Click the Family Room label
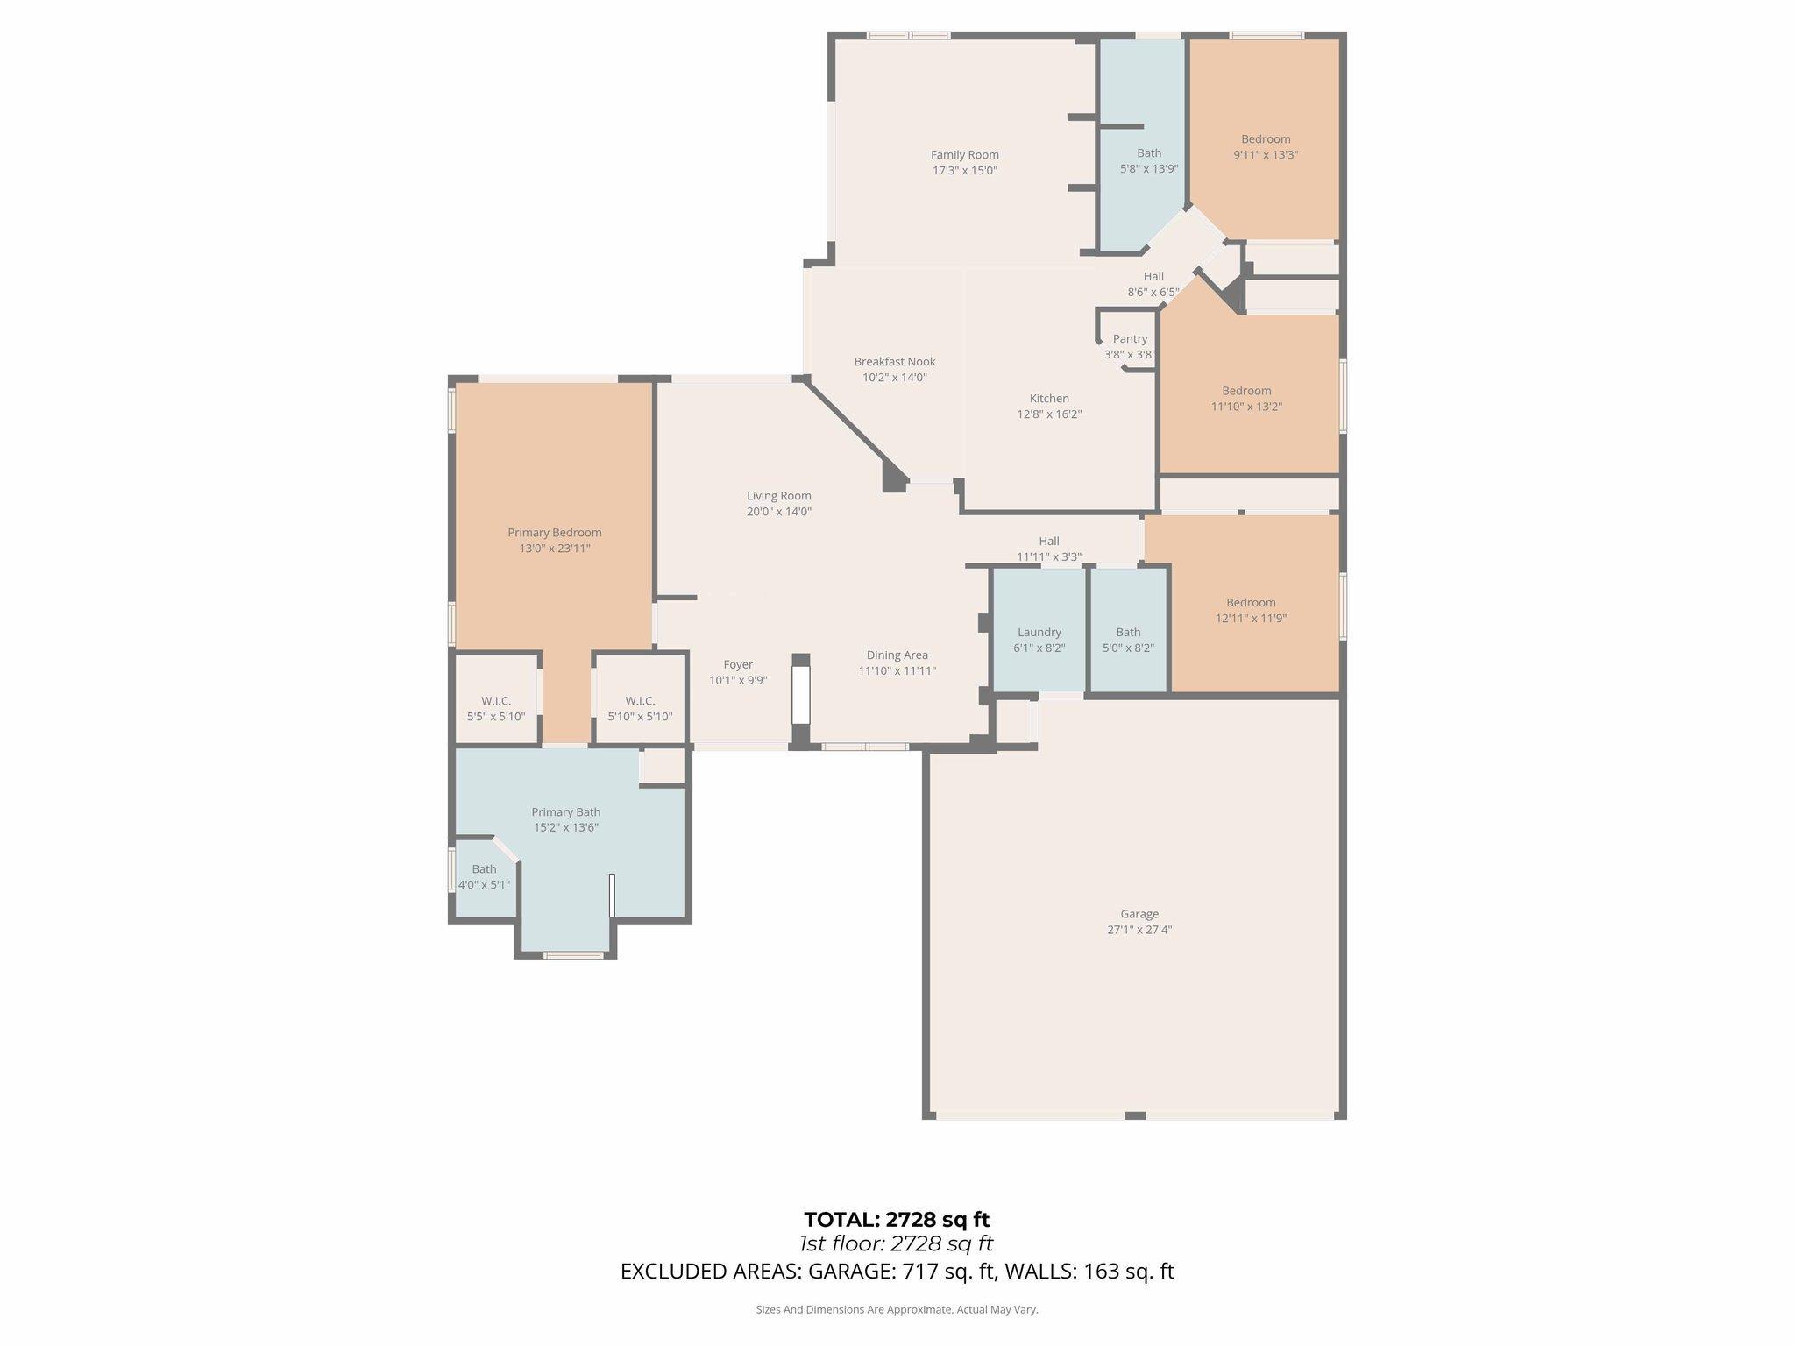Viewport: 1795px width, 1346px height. tap(964, 155)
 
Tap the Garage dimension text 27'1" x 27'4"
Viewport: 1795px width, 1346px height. tap(1139, 930)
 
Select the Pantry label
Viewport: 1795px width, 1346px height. tap(1130, 339)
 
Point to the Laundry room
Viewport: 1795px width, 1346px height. tap(1039, 640)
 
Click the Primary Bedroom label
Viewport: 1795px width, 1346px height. tap(554, 533)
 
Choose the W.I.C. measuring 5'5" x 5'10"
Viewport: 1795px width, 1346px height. tap(495, 708)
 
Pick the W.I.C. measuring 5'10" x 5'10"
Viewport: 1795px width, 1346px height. tap(640, 708)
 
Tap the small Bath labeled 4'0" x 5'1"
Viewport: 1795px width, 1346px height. tap(484, 877)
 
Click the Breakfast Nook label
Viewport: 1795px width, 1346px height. tap(895, 362)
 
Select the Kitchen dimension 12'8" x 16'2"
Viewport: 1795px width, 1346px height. tap(1049, 414)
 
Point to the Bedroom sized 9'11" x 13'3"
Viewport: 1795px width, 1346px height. tap(1265, 146)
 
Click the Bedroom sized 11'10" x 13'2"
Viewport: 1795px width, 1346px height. tap(1246, 399)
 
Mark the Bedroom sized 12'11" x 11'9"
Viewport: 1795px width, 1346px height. tap(1251, 610)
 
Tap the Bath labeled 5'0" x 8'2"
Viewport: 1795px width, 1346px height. tap(1128, 640)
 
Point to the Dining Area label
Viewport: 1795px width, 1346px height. tap(897, 655)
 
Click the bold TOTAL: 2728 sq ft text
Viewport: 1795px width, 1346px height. tap(897, 1219)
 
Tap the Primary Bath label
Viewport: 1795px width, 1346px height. tap(565, 812)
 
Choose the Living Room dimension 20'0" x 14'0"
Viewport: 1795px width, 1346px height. tap(778, 512)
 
